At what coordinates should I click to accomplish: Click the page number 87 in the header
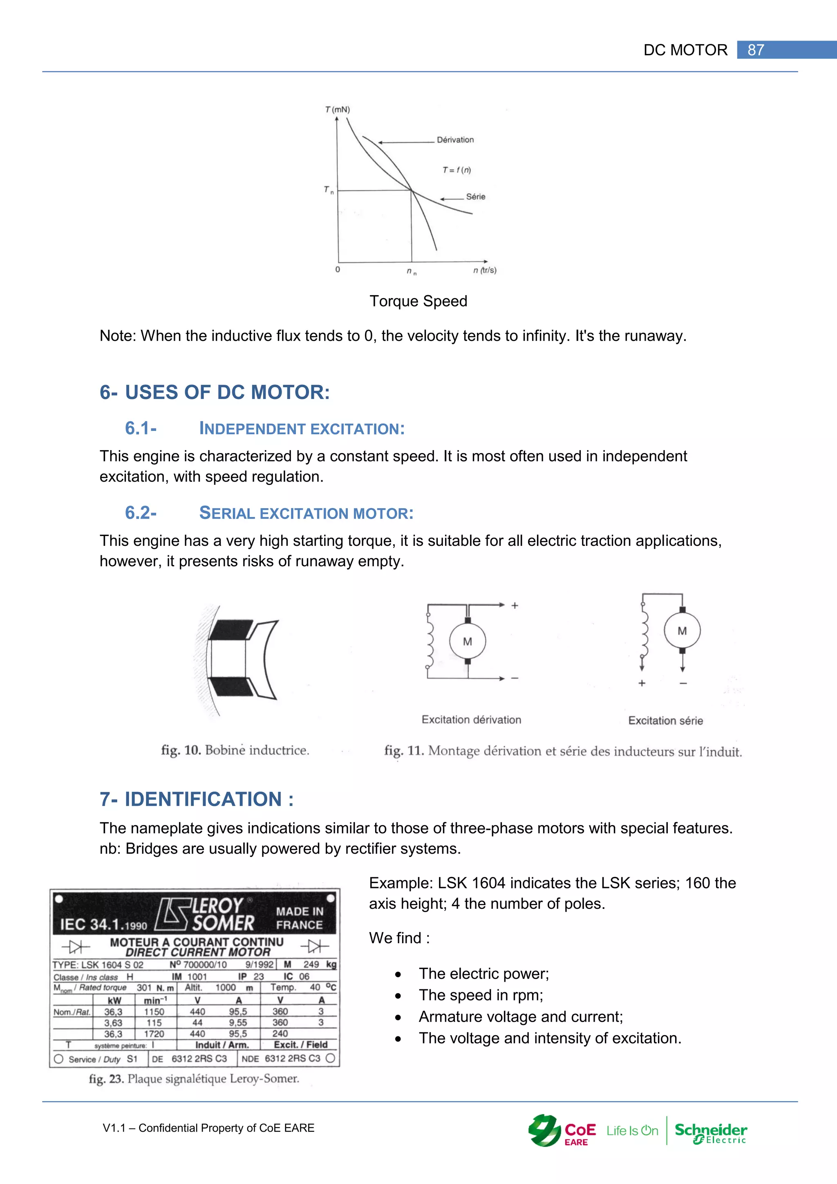point(756,50)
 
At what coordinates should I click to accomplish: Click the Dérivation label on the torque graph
point(455,140)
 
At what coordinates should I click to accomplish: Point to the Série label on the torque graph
point(475,197)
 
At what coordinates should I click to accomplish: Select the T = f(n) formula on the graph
point(456,170)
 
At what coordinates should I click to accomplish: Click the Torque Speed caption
point(418,301)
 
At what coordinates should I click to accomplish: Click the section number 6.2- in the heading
point(141,513)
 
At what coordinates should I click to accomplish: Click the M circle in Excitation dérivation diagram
point(468,641)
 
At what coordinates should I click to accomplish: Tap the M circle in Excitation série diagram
point(682,631)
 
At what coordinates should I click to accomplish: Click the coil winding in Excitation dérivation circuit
point(429,641)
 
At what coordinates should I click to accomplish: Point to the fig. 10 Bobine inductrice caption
point(235,750)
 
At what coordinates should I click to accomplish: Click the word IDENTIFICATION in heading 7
point(203,799)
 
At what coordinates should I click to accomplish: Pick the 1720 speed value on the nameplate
point(154,1034)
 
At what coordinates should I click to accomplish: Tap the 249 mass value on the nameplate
point(311,964)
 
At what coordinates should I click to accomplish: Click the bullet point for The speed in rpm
point(398,996)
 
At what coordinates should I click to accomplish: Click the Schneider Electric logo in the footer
point(711,1132)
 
